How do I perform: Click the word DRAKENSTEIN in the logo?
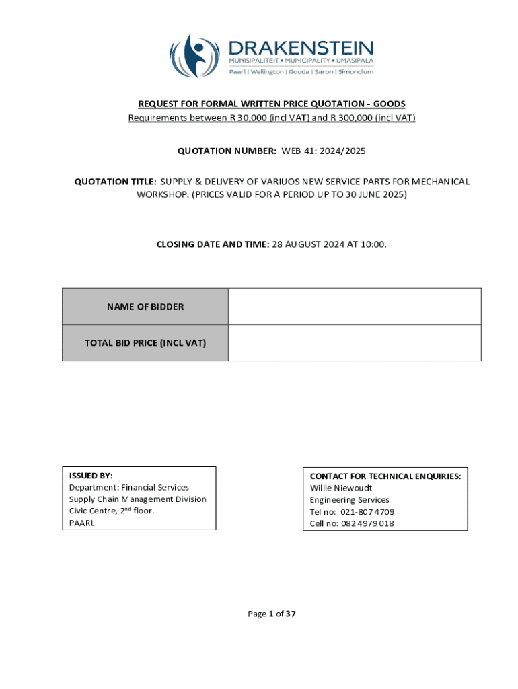[x=301, y=48]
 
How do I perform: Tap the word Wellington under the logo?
[x=266, y=72]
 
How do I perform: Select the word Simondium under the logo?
[x=354, y=72]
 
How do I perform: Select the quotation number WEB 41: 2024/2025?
[x=324, y=151]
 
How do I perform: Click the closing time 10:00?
[x=373, y=244]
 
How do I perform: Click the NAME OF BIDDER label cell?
[x=145, y=307]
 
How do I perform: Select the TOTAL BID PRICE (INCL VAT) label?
[x=145, y=343]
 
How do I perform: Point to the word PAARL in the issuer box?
[x=82, y=523]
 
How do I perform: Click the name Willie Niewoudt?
[x=341, y=488]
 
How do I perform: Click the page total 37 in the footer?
[x=291, y=613]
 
